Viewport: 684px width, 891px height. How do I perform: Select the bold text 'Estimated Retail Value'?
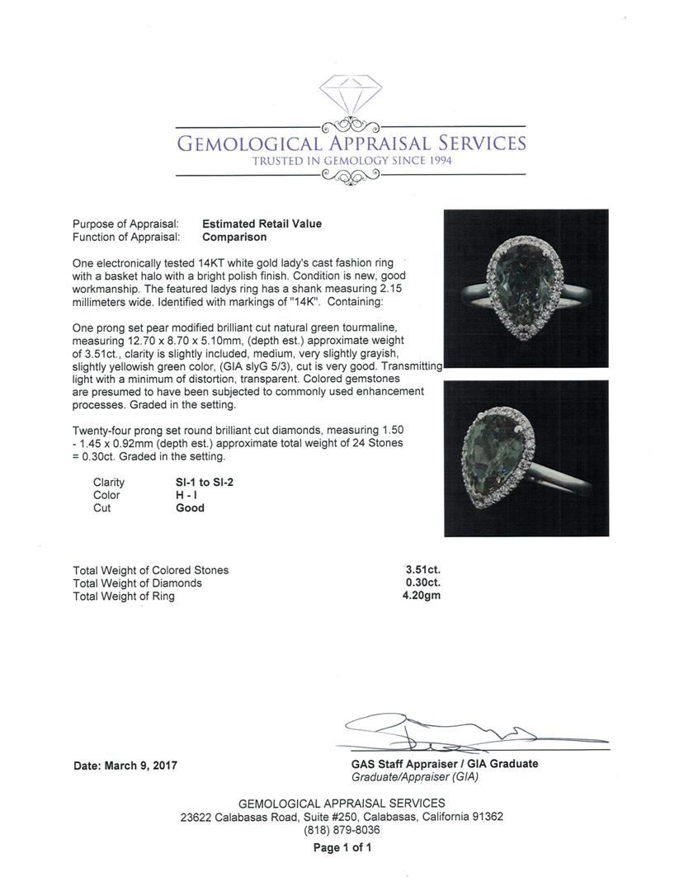(262, 224)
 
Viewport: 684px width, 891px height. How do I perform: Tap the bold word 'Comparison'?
(234, 237)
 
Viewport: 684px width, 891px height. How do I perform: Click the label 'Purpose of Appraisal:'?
(125, 224)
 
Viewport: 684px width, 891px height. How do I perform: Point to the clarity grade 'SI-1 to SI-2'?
(205, 482)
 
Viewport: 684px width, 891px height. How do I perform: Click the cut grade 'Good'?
(190, 508)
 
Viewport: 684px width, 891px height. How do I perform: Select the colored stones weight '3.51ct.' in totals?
(422, 569)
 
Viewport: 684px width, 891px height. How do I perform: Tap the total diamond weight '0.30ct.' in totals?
(422, 582)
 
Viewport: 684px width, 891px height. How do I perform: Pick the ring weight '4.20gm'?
(422, 596)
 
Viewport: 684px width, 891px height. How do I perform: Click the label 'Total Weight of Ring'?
(124, 596)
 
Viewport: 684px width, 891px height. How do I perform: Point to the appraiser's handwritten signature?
(446, 731)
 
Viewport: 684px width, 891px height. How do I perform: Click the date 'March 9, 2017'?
(141, 766)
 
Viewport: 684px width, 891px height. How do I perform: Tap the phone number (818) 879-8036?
(342, 830)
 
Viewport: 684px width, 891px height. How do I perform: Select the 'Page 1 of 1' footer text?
(342, 847)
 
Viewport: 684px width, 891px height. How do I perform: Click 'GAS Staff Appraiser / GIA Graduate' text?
(444, 764)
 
